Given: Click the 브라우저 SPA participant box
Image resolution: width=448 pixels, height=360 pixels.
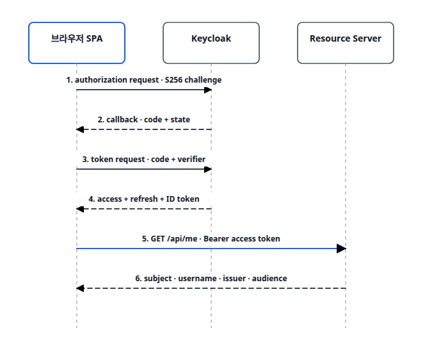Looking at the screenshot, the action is point(77,43).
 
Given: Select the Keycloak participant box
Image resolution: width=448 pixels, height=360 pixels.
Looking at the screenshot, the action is point(211,43).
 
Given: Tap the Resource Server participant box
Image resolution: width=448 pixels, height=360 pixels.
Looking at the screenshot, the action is point(346,43).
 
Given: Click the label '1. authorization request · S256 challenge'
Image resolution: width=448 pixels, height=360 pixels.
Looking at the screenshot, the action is point(144,80).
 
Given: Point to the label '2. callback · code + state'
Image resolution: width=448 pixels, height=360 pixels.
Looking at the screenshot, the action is point(144,120).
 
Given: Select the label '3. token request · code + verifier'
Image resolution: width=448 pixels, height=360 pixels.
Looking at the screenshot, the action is point(144,160).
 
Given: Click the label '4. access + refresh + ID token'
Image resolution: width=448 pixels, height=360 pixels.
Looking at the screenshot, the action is point(144,199).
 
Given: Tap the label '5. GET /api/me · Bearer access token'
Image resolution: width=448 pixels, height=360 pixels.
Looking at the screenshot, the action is point(211,239).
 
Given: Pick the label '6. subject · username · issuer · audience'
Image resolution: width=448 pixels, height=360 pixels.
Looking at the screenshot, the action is point(211,279).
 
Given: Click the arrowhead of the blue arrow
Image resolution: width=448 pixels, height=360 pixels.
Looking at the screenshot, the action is point(342,249).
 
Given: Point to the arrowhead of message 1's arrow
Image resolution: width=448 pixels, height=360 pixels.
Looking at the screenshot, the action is point(208,90).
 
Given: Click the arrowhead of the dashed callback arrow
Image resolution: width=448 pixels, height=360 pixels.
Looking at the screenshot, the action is point(80,129).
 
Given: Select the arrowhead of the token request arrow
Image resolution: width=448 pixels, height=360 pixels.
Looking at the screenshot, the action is point(208,169).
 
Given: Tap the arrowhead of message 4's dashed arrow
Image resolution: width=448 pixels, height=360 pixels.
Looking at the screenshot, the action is point(80,209).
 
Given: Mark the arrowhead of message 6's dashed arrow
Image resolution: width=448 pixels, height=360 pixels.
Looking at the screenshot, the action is point(80,288).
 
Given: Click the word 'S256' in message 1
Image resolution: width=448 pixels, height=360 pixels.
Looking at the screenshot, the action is point(173,80).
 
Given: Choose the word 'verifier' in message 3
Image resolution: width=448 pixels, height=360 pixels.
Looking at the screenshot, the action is point(191,160).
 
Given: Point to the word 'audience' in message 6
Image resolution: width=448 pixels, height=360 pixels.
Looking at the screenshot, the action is point(269,279).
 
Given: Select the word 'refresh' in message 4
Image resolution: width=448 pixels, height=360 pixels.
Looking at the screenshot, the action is point(144,199).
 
